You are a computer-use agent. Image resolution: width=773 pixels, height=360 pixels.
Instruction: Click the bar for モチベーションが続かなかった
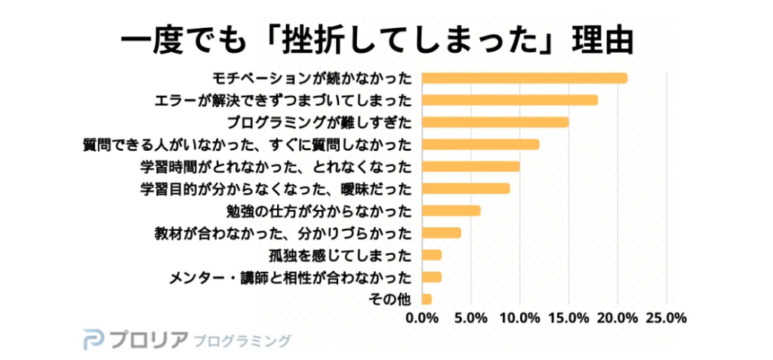[x=524, y=78]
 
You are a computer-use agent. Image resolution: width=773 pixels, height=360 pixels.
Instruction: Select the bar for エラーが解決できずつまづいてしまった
[x=510, y=100]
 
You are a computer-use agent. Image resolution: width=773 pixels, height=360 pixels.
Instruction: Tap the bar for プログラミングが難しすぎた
[x=494, y=122]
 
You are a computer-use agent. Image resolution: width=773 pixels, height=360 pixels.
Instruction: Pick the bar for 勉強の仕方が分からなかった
[x=451, y=211]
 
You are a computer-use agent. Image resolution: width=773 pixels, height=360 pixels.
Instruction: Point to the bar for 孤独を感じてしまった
[x=431, y=254]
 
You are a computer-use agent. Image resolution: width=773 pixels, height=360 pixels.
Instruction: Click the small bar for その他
[x=427, y=299]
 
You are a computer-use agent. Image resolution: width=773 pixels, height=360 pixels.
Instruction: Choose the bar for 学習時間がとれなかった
[x=470, y=166]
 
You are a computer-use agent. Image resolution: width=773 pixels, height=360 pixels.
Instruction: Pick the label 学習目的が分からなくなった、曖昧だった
[x=276, y=188]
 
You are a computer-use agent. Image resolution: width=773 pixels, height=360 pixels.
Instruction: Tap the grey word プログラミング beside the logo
[x=242, y=340]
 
